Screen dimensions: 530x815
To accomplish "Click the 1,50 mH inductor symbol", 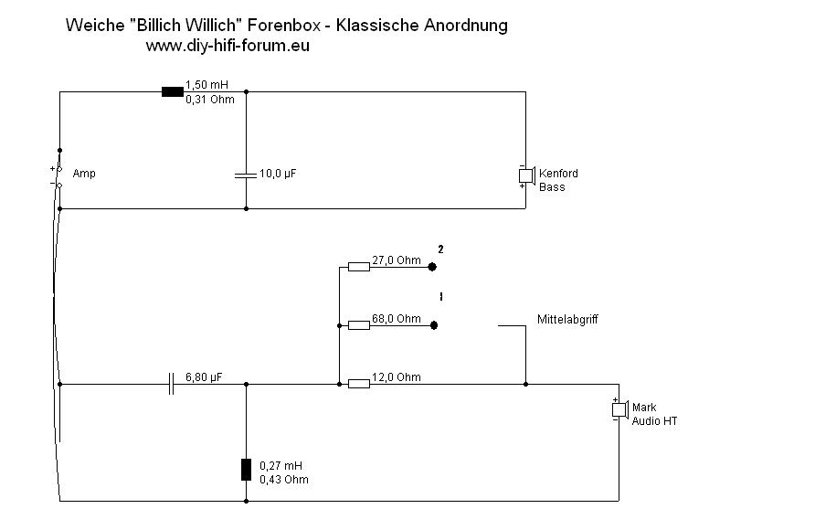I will point(172,91).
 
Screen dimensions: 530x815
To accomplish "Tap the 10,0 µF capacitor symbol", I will point(246,174).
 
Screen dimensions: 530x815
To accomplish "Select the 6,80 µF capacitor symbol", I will point(171,384).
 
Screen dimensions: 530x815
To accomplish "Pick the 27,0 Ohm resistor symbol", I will point(358,267).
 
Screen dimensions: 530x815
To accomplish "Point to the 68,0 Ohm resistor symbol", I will point(358,324).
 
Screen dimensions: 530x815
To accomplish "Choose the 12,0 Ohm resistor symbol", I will point(358,384).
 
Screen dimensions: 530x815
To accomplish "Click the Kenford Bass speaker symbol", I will point(526,174).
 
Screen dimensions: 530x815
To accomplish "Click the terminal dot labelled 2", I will point(434,268).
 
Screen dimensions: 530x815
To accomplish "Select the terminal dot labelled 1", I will point(434,324).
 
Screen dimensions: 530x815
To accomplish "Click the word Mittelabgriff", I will point(567,319).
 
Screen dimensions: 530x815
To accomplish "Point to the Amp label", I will point(84,174).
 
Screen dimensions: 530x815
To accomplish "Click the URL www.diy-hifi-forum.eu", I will point(228,46).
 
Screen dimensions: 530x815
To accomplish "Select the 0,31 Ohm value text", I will point(204,100).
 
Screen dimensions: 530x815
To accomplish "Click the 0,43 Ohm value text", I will point(283,480).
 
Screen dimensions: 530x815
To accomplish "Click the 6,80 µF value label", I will point(204,376).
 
